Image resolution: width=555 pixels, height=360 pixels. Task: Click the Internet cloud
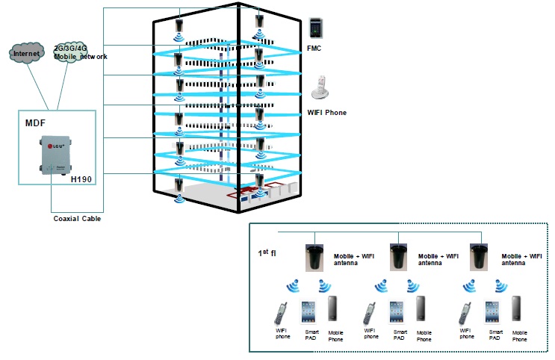tap(27, 54)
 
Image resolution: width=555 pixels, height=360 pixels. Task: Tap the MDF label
tap(36, 122)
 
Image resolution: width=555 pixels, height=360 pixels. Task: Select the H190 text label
tap(81, 180)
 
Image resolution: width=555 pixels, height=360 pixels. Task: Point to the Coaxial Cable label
tap(76, 219)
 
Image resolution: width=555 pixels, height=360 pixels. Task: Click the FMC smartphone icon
tap(317, 28)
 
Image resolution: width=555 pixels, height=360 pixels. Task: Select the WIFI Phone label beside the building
tap(327, 113)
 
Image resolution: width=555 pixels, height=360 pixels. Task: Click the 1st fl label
tap(267, 255)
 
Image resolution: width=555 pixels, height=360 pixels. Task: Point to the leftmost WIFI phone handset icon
tap(281, 313)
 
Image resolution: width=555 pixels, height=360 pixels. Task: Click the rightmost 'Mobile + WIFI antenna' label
tap(521, 258)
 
